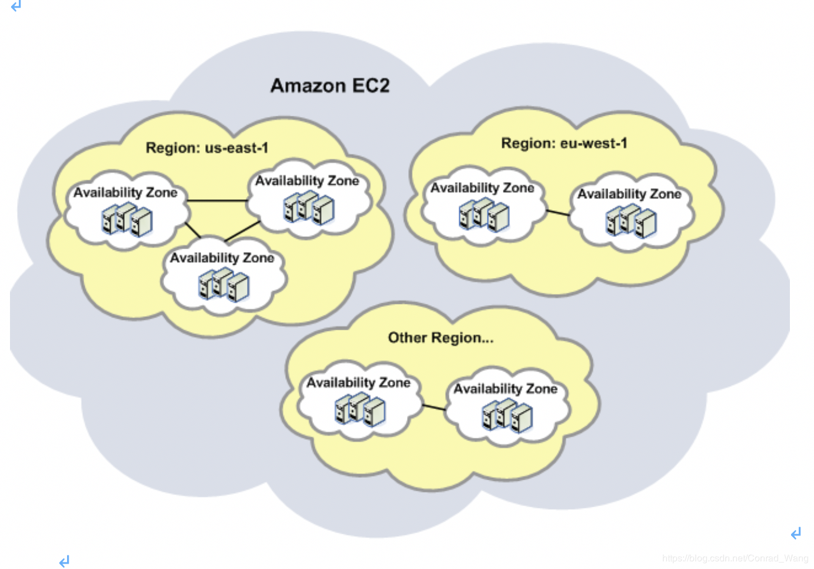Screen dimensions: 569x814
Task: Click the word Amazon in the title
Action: coord(308,86)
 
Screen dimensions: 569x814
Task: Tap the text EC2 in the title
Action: coord(371,86)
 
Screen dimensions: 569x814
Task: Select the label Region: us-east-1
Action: coord(206,148)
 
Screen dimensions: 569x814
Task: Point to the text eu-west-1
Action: coord(593,143)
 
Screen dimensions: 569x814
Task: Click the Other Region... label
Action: coord(440,338)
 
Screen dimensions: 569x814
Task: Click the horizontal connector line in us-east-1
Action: coord(217,200)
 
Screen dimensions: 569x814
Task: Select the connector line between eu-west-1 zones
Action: coord(558,213)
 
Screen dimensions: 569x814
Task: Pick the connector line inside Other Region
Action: coord(434,407)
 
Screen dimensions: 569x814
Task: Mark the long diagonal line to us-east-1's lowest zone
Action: coord(242,231)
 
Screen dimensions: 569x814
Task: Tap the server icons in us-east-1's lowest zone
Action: coord(223,284)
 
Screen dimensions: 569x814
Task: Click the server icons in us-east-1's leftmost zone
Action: coord(127,219)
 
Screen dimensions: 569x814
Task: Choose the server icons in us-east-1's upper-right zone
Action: coord(309,207)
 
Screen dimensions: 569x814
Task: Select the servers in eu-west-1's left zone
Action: coord(484,215)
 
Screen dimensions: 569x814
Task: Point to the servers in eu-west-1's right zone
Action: coord(631,222)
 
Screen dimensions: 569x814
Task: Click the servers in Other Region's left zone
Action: coord(360,410)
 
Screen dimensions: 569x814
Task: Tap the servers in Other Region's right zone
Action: coord(507,416)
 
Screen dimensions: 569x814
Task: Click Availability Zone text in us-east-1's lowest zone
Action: coord(222,258)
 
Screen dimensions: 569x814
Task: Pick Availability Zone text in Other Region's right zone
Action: coord(505,389)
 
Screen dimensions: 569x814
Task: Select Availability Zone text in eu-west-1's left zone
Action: coord(482,188)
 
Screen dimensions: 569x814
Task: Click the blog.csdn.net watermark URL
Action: coord(735,558)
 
